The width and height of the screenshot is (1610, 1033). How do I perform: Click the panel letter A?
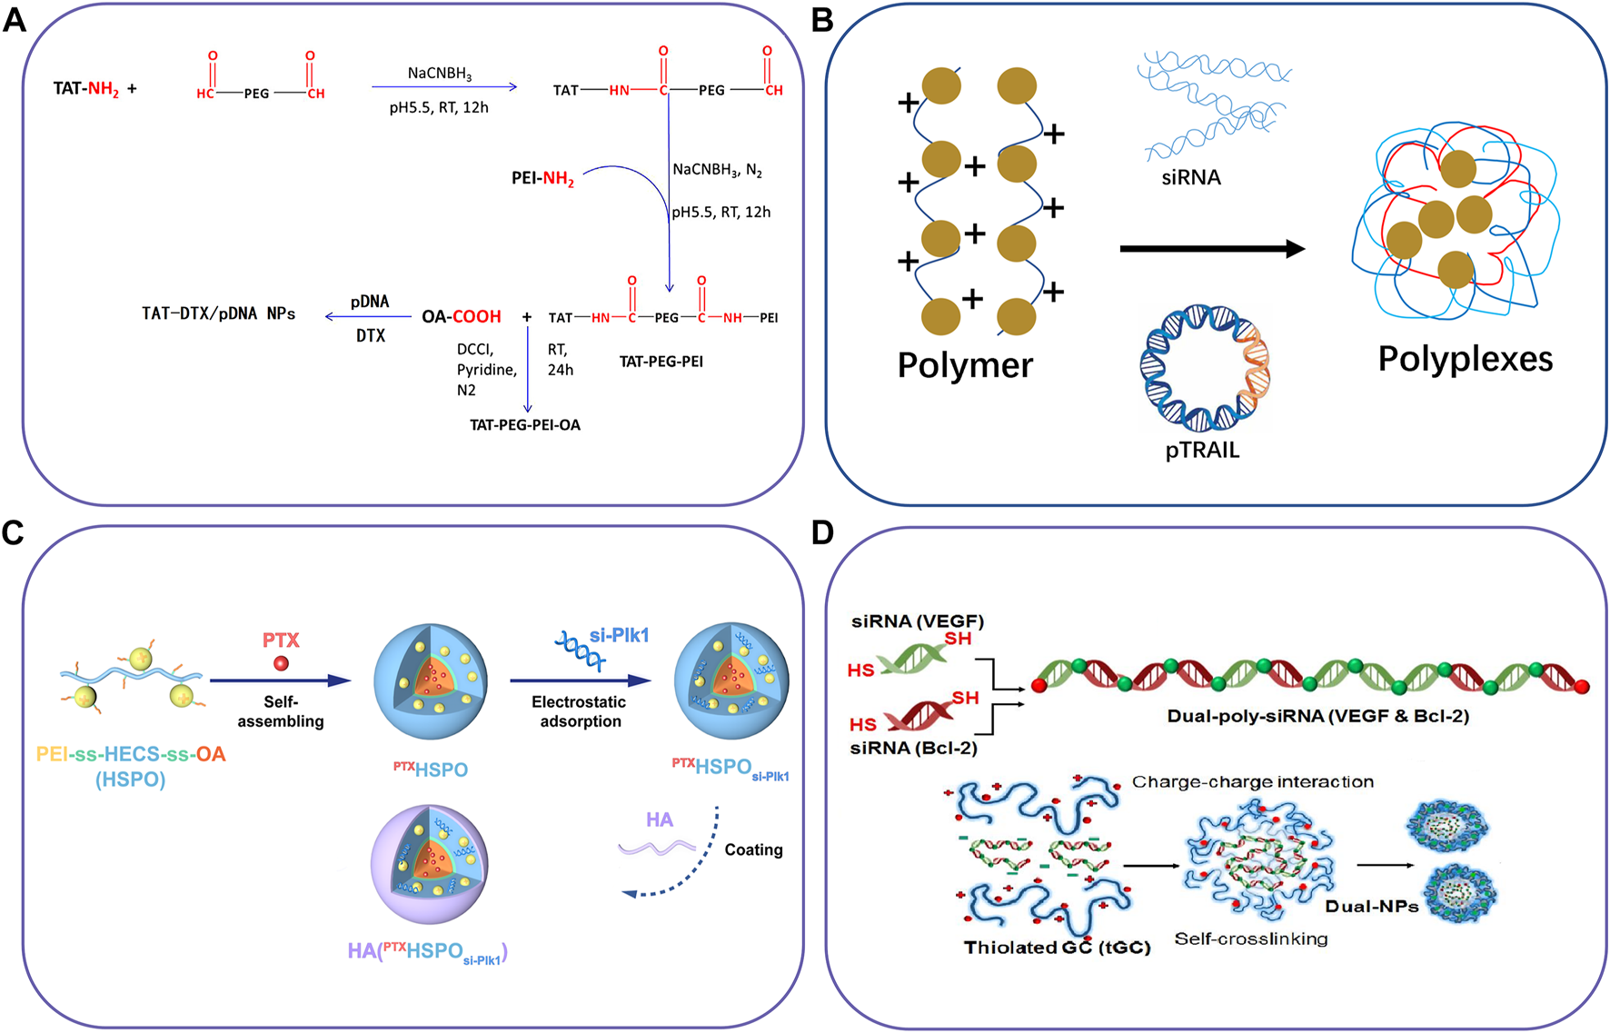[x=15, y=19]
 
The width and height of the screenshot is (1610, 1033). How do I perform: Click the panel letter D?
[x=822, y=532]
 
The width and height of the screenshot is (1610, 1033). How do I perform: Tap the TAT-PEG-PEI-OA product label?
[x=524, y=425]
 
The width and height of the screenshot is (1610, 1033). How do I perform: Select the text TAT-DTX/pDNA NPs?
[x=218, y=313]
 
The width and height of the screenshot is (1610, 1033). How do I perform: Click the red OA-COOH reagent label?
[x=462, y=317]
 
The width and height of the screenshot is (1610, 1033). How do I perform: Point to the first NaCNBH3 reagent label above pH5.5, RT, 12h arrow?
[x=439, y=74]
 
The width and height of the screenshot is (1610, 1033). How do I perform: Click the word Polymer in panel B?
[x=965, y=365]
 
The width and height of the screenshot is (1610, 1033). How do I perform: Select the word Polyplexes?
[x=1465, y=359]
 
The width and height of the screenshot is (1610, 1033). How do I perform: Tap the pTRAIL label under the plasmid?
[x=1202, y=450]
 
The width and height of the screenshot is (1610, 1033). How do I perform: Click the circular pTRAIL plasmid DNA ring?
[x=1205, y=367]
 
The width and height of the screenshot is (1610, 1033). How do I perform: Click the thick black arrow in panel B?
[x=1211, y=248]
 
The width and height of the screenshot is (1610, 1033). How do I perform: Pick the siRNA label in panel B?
[x=1190, y=177]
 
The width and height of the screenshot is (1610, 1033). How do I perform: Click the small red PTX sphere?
[x=282, y=663]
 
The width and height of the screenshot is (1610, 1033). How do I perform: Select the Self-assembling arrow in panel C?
[x=280, y=680]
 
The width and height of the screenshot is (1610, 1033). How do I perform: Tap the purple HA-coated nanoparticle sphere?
[x=429, y=863]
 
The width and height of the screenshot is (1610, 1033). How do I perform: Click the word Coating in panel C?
[x=753, y=849]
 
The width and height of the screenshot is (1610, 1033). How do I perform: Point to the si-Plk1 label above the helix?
[x=619, y=635]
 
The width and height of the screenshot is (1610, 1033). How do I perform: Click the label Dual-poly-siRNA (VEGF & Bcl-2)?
[x=1317, y=716]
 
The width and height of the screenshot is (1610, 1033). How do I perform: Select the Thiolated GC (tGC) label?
[x=1057, y=948]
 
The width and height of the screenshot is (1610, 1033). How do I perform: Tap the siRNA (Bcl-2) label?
[x=912, y=748]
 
